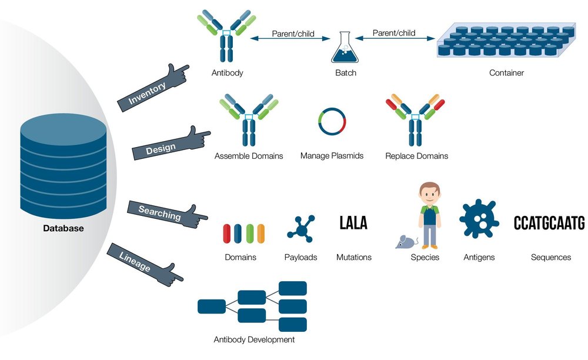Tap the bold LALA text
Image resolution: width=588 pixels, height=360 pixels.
coord(353,223)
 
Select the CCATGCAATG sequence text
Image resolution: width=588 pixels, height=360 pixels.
coord(549,224)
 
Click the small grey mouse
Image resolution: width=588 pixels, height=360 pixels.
coord(406,241)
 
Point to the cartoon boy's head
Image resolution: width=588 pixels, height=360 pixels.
coord(430,194)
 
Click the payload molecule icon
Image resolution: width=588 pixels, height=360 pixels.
coord(300,228)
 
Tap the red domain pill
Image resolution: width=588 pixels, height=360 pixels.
coord(227,234)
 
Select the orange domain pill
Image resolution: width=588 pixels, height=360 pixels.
coord(261,234)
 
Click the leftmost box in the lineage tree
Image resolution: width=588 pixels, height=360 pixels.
coord(212,306)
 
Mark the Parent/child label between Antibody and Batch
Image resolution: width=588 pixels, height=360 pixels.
coord(291,34)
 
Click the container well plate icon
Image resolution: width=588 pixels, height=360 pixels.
coord(506,42)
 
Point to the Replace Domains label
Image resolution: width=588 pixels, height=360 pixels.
coord(416,156)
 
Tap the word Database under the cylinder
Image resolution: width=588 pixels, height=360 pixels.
coord(63,228)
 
